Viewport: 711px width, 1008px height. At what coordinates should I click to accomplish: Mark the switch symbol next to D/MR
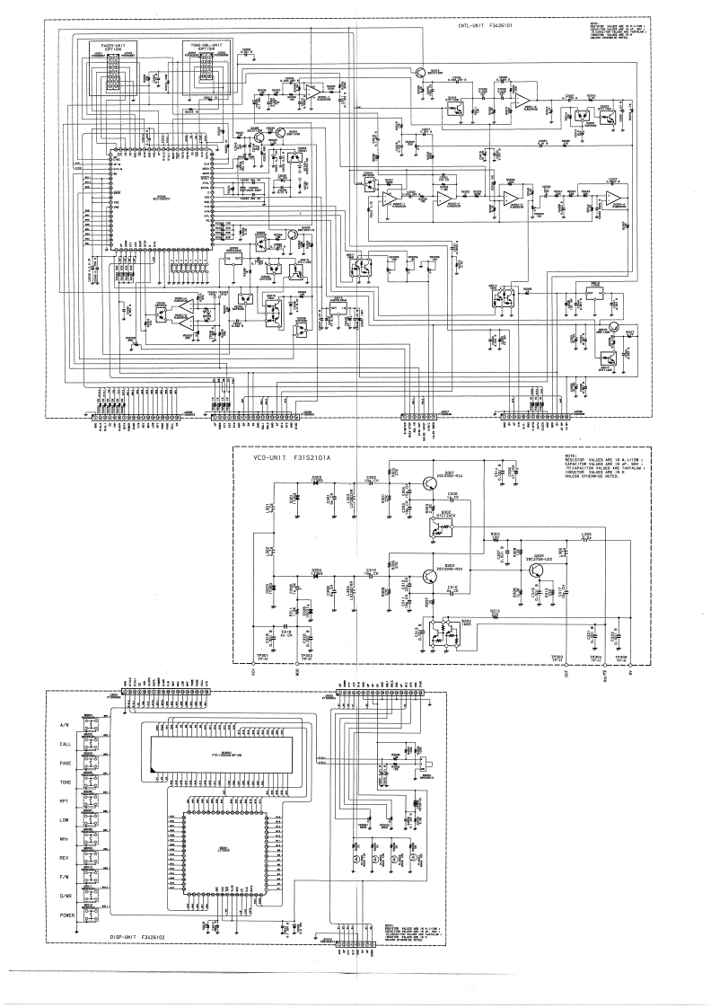tap(89, 895)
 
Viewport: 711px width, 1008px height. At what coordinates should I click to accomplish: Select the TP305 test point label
tap(620, 659)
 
